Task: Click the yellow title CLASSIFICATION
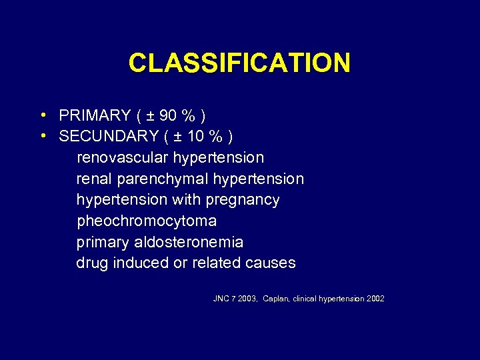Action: tap(239, 63)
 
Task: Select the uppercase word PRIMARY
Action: tap(95, 116)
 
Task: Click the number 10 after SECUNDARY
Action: tap(195, 137)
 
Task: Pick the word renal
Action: tap(93, 179)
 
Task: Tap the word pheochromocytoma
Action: tap(147, 221)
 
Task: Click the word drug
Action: tap(92, 263)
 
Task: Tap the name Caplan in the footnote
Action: tap(277, 299)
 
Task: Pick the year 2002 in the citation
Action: tap(375, 299)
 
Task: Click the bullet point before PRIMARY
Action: tap(43, 116)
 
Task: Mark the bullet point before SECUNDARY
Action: tap(43, 137)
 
